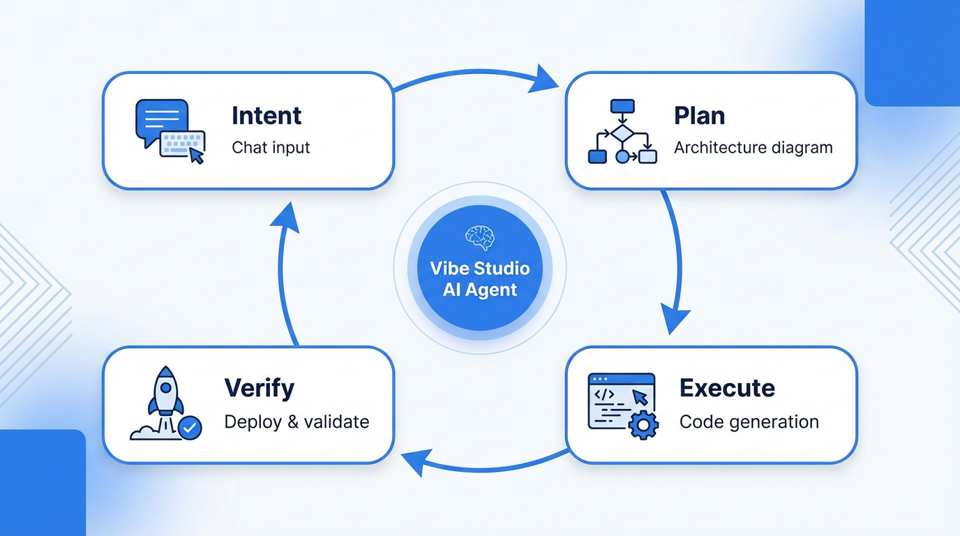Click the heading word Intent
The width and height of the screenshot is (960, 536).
tap(267, 116)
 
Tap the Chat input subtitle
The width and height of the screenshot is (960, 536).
tap(271, 148)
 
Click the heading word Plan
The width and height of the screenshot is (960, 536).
tap(699, 116)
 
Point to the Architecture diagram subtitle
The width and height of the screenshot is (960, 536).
tap(753, 148)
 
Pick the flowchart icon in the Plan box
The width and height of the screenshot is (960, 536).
tap(622, 132)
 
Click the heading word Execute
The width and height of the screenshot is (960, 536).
tap(727, 388)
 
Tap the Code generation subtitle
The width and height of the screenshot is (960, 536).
tap(749, 422)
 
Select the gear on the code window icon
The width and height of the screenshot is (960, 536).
tap(643, 424)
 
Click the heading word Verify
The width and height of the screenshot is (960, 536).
tap(260, 388)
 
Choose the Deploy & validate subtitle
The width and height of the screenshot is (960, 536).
tap(297, 422)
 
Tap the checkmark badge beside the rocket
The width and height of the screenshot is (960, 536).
tap(190, 427)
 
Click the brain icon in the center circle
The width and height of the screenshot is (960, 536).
tap(479, 237)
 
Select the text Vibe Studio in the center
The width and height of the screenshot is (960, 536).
tap(479, 269)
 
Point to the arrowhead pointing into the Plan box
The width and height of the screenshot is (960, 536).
tap(545, 79)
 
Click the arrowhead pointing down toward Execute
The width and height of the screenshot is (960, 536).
tap(674, 320)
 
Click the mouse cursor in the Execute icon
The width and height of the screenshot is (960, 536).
tap(639, 397)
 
